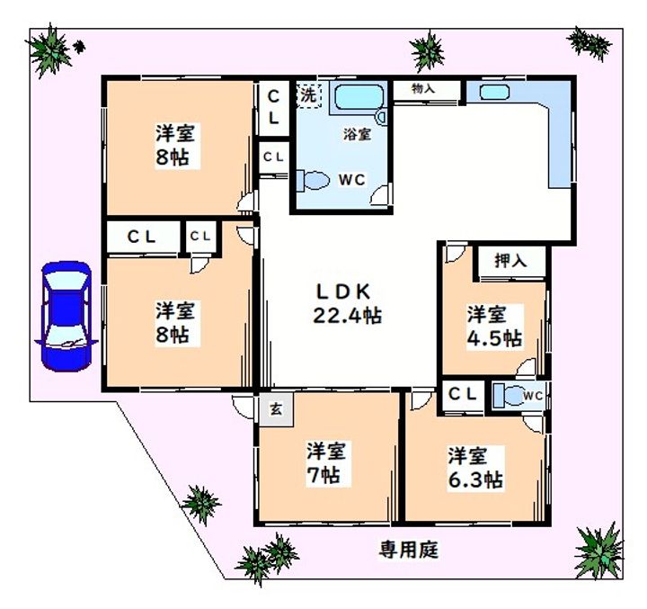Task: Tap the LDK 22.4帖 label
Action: [346, 304]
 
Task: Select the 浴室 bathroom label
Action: [356, 135]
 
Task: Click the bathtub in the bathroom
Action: [358, 98]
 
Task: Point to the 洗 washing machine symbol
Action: [308, 94]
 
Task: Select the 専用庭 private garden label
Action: [407, 549]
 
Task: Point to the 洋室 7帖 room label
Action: [325, 461]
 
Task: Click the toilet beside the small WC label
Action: [510, 396]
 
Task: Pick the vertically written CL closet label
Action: [274, 106]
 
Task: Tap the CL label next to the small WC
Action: [463, 394]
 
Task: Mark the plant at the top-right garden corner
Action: [589, 41]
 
